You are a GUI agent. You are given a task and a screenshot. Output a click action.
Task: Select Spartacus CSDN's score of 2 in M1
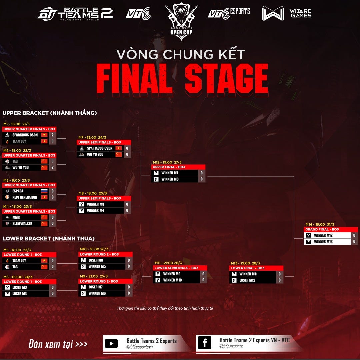click(52, 135)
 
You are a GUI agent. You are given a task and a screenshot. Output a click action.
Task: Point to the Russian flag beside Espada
click(44, 191)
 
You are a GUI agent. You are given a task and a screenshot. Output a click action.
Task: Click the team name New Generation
click(25, 197)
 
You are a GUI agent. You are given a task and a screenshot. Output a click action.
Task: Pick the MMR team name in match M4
click(16, 217)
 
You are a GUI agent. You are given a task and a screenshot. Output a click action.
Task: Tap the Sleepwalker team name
click(22, 224)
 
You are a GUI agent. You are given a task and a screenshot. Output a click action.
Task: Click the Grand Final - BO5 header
click(322, 229)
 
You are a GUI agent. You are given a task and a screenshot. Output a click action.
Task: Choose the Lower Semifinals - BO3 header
click(176, 268)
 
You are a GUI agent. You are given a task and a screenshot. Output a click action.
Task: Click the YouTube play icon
click(111, 343)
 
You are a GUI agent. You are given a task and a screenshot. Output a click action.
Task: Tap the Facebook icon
click(204, 343)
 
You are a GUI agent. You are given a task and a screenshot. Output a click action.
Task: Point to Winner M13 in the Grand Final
click(323, 242)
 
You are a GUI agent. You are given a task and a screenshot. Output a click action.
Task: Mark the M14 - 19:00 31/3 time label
click(320, 224)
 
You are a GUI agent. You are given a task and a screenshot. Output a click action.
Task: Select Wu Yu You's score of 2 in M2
click(52, 168)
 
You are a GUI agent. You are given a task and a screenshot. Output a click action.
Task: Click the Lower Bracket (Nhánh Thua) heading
click(49, 239)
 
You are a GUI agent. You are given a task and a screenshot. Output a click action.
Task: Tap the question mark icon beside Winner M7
click(156, 173)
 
